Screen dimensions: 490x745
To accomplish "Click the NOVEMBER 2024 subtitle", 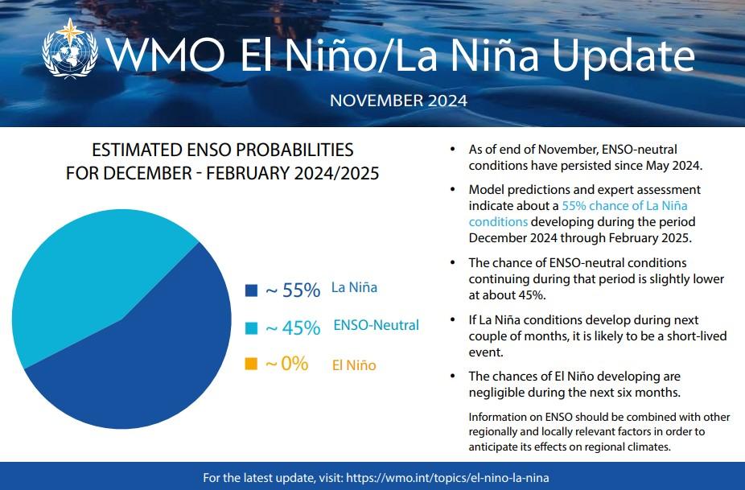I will (x=398, y=101).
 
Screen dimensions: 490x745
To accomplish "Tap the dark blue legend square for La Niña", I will (x=251, y=290).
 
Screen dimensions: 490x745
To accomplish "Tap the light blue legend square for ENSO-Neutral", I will (x=251, y=327).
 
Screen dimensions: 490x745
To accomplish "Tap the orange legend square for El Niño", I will (x=251, y=364).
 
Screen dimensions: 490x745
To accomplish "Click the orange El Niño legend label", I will (x=354, y=365).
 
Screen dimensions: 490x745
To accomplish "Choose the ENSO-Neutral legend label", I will (x=376, y=325).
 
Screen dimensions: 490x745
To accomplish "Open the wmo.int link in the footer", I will (x=448, y=478).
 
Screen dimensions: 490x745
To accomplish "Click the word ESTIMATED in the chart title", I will (x=132, y=150).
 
